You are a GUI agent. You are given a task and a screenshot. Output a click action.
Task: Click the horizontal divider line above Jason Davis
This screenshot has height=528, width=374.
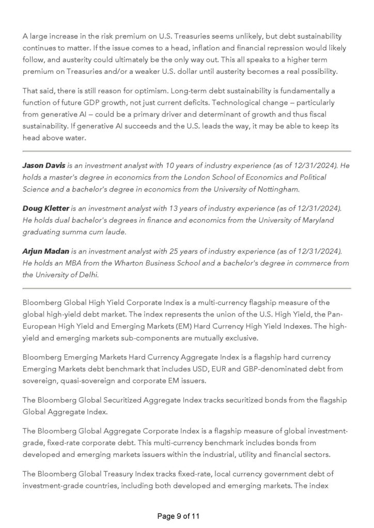coord(186,151)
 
